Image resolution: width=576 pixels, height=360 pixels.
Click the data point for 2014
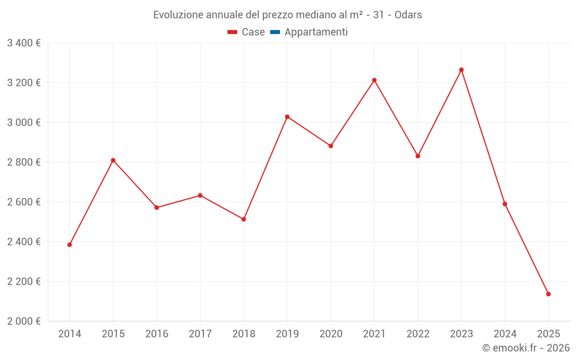[70, 245]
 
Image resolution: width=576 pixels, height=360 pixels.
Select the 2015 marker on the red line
[113, 160]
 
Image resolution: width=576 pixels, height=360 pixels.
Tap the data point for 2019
[287, 117]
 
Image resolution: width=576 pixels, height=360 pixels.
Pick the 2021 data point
[374, 80]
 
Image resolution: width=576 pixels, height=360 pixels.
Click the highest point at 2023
[461, 70]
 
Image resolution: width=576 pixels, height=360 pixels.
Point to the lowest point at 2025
[548, 294]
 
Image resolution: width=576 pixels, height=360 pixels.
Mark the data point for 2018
[244, 219]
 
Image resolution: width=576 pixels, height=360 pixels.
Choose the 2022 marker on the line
[418, 156]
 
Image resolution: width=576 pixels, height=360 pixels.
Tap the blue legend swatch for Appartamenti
[275, 32]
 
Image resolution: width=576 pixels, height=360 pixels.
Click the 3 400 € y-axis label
[24, 43]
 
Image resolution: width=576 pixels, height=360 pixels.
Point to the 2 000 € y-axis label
[24, 321]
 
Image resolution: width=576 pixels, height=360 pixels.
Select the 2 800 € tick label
[24, 162]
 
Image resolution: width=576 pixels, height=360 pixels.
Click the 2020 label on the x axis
[331, 334]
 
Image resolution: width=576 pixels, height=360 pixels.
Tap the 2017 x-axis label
[200, 334]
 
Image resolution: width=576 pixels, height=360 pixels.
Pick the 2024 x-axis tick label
[505, 334]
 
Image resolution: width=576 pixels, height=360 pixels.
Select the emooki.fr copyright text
[526, 348]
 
